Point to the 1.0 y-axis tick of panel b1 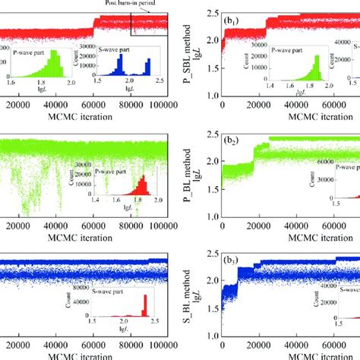pyautogui.click(x=210, y=96)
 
